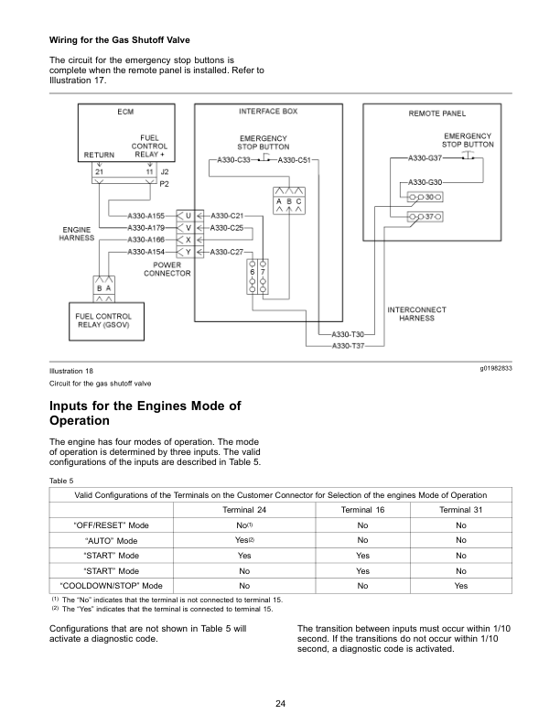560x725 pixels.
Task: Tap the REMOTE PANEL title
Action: (436, 114)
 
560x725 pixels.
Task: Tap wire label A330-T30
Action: (348, 335)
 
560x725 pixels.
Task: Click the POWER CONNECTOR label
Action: (165, 268)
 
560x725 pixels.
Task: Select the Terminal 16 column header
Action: (362, 508)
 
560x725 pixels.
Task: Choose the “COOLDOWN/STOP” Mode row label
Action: (111, 584)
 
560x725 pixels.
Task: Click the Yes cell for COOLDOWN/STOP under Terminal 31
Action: (460, 584)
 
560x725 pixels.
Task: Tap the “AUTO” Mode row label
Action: (111, 540)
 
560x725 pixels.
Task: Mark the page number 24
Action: (280, 702)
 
